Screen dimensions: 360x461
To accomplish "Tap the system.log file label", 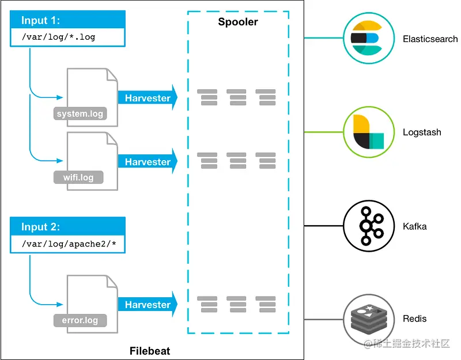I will click(80, 113).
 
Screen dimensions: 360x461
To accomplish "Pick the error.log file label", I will click(80, 320).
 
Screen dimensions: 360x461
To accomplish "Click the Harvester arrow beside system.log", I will click(148, 98).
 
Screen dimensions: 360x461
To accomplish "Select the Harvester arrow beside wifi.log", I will click(148, 162).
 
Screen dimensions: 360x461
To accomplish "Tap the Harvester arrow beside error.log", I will click(148, 305).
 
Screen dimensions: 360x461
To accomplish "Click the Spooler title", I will click(238, 22).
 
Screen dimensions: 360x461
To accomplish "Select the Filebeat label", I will click(150, 351).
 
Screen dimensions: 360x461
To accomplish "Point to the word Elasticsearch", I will click(430, 39).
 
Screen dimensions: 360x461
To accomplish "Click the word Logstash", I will click(422, 132).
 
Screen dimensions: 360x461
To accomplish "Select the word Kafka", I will click(415, 226).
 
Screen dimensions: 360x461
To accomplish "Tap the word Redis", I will click(415, 319).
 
